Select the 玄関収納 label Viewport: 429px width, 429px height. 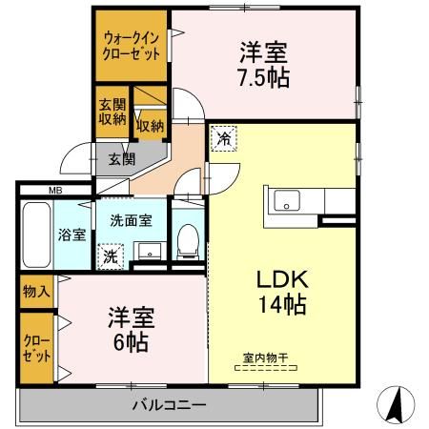[111, 112]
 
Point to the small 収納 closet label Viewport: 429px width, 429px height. [150, 123]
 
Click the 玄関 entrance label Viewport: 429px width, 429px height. [120, 158]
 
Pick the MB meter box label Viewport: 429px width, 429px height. [56, 190]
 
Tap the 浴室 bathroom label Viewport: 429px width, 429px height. [71, 234]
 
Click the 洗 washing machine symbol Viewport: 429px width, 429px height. [110, 255]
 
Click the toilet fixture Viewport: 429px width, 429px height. [188, 235]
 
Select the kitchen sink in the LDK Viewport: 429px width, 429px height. [287, 201]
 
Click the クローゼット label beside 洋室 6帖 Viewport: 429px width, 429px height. [36, 347]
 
